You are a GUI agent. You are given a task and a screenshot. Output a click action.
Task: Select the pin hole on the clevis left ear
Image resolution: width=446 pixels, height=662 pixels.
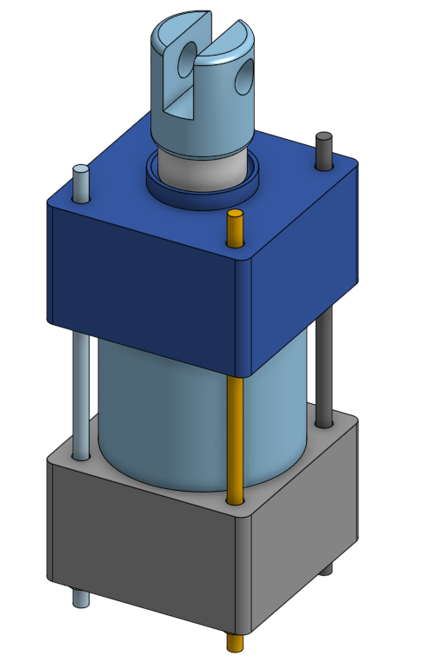[x=187, y=62]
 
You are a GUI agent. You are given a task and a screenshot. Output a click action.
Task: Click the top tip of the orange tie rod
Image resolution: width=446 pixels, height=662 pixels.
[x=233, y=215]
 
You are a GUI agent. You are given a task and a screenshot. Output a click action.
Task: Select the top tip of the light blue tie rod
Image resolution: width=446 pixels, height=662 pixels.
[x=80, y=169]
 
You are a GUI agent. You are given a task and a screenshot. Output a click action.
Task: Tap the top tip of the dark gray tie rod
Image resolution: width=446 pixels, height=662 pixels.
[x=324, y=137]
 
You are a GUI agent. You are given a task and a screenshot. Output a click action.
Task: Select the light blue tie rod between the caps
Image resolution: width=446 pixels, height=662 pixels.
[x=81, y=391]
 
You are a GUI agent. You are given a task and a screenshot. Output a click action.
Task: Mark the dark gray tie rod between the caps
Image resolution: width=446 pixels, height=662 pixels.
[x=324, y=365]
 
